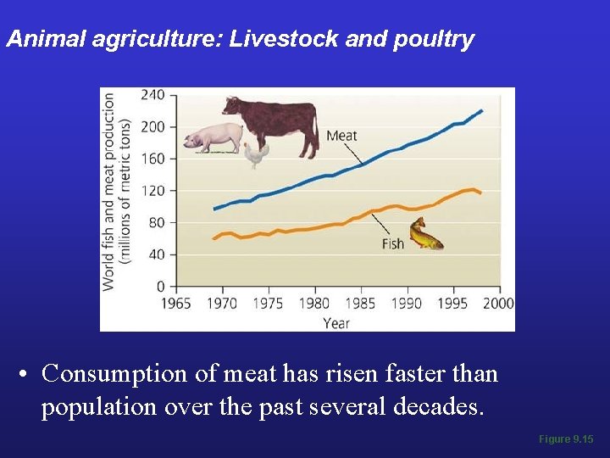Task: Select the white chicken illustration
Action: [x=257, y=155]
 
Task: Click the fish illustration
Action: [x=425, y=234]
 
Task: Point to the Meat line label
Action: [x=341, y=136]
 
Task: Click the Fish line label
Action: [x=392, y=244]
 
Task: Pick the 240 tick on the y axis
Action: [x=152, y=95]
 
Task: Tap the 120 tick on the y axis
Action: [x=152, y=191]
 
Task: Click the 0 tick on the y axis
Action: [x=159, y=287]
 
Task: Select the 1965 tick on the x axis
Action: [x=175, y=303]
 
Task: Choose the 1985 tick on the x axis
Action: [x=360, y=303]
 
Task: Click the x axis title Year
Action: [x=336, y=321]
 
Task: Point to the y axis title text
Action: [x=116, y=192]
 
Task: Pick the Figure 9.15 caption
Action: [x=565, y=438]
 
